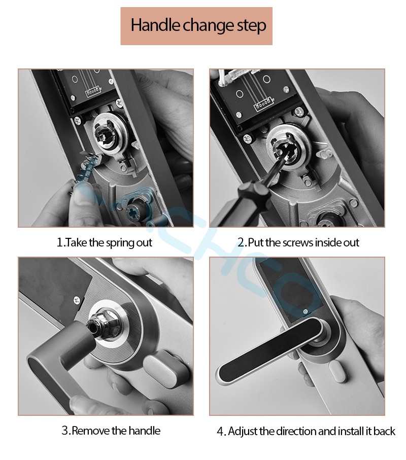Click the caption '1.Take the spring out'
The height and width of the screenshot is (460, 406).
click(104, 242)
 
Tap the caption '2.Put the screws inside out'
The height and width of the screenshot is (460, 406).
click(298, 242)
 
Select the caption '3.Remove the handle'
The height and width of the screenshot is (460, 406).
click(111, 431)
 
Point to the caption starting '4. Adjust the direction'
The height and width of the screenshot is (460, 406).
click(306, 431)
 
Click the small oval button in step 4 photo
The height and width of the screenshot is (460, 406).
click(337, 372)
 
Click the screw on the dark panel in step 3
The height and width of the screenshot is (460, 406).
click(77, 300)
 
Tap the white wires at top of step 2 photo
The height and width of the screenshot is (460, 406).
click(235, 77)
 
